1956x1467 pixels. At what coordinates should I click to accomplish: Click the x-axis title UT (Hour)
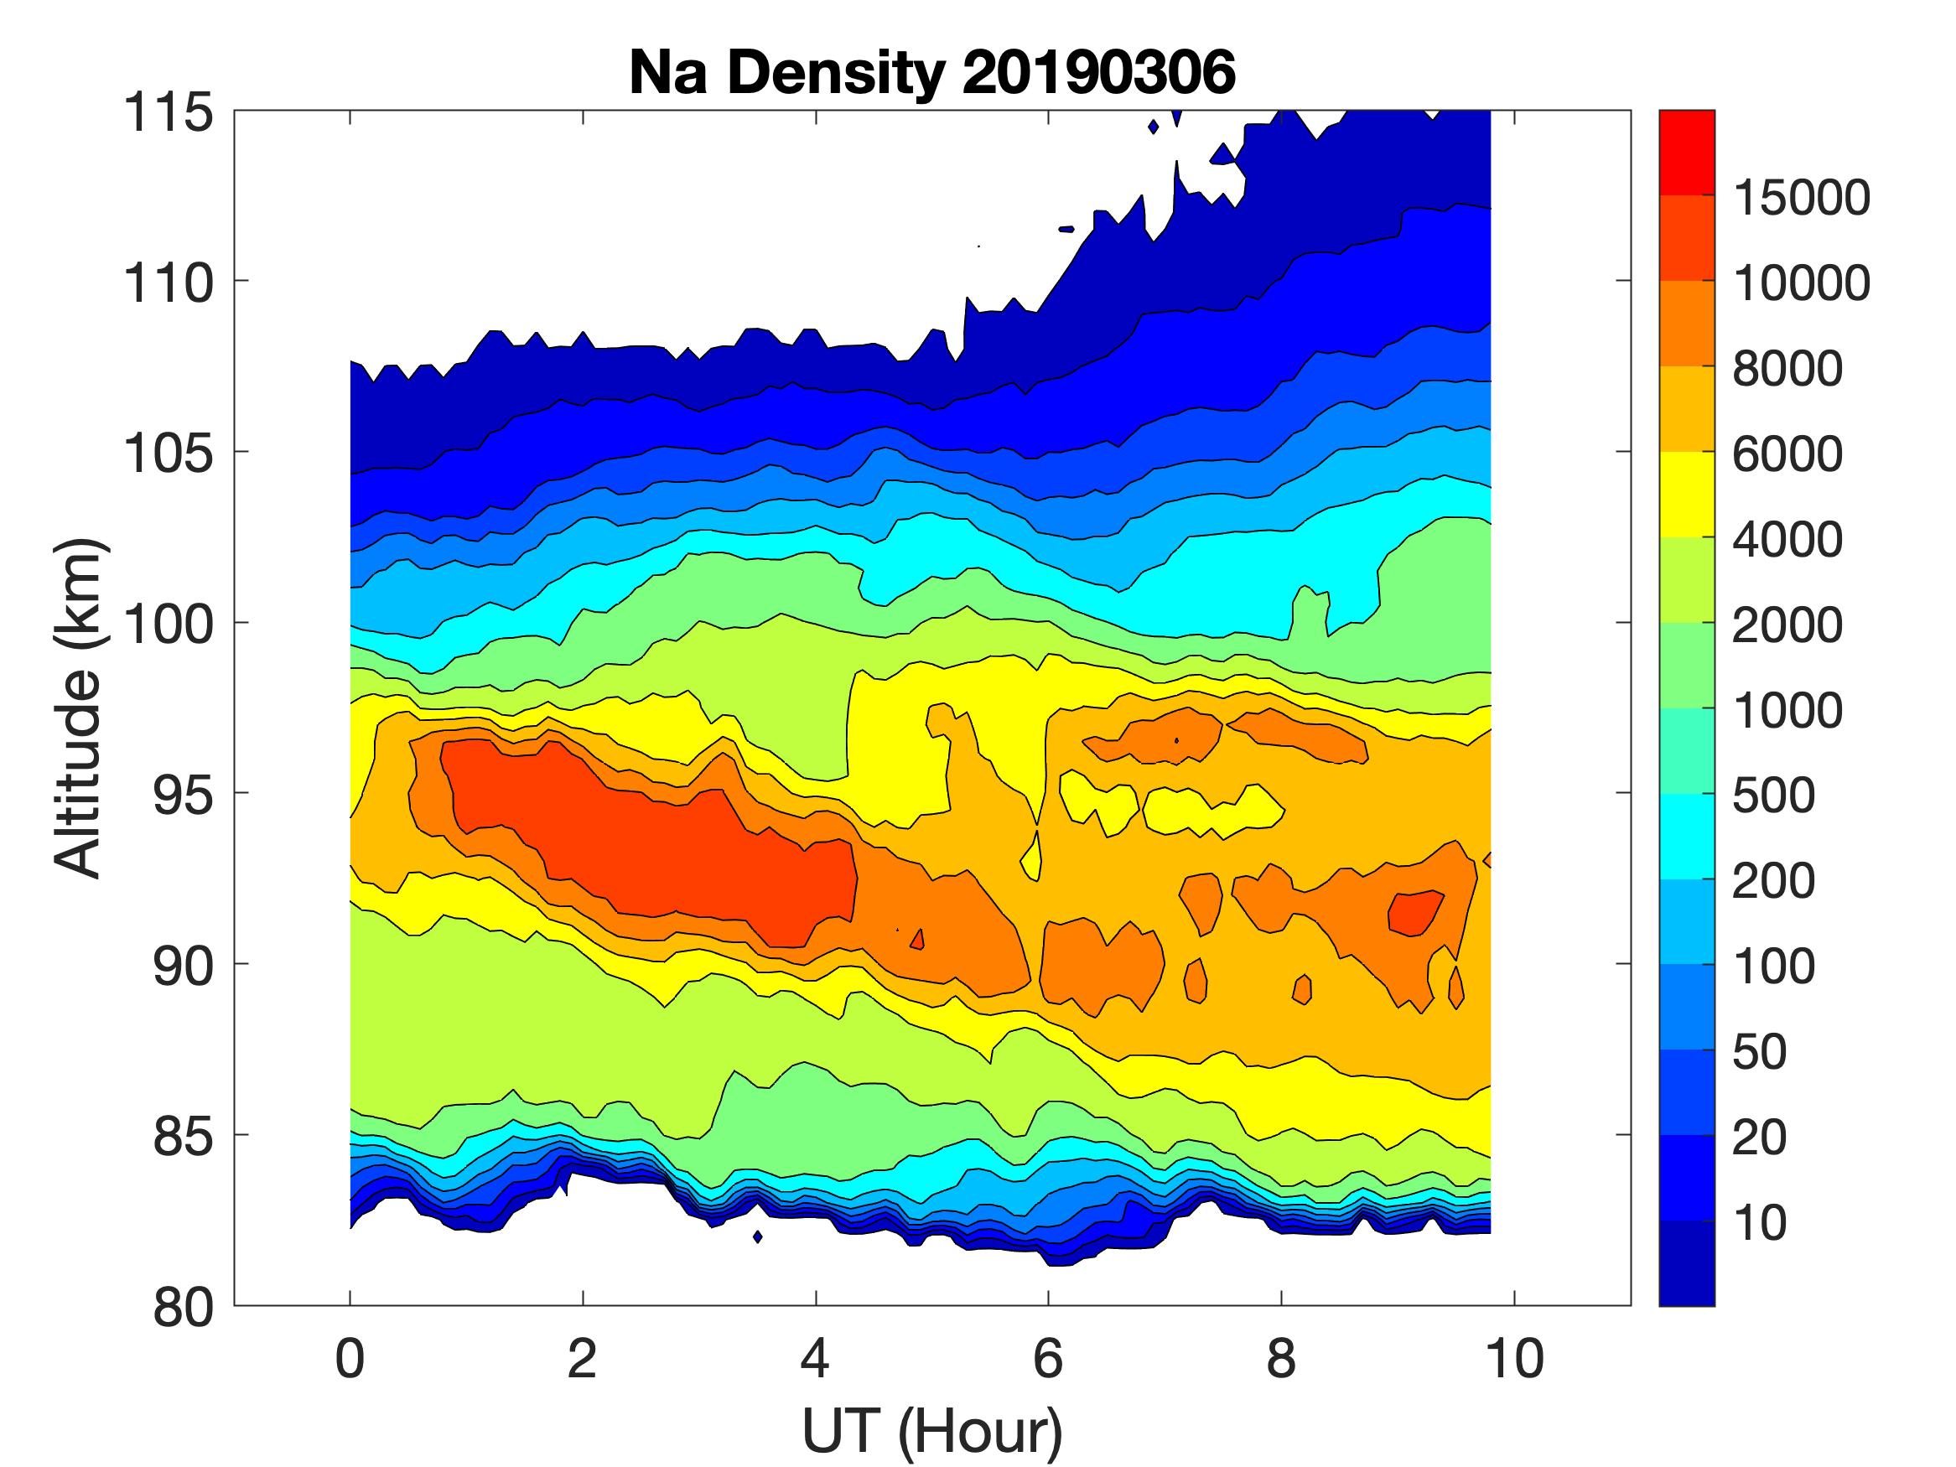tap(932, 1431)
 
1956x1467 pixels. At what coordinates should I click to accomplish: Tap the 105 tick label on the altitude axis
tap(168, 453)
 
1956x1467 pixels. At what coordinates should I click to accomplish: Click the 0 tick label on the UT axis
tap(350, 1358)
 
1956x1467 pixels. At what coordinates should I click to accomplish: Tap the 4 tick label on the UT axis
tap(815, 1358)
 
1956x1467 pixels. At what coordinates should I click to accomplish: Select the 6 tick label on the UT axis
tap(1048, 1358)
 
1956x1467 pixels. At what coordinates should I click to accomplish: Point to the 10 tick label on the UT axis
tap(1514, 1358)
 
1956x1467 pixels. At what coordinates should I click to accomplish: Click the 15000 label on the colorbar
tap(1800, 198)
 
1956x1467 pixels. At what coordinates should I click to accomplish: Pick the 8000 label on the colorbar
tap(1786, 368)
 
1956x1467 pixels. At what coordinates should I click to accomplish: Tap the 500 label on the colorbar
tap(1773, 796)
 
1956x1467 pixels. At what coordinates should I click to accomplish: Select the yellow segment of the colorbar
tap(1686, 495)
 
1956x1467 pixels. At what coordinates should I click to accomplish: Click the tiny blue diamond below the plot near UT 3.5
tap(757, 1236)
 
